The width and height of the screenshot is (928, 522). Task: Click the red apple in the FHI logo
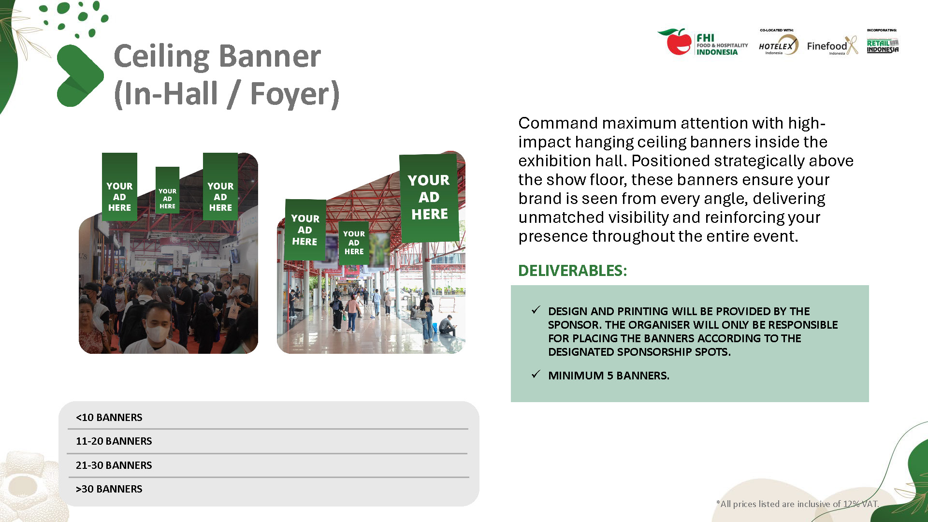[678, 43]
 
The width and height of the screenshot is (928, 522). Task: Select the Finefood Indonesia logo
[832, 45]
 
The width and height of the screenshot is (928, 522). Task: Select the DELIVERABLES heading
[572, 270]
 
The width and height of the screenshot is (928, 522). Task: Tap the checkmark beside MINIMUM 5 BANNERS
[536, 375]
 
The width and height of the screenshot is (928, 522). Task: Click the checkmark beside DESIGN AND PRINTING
[536, 310]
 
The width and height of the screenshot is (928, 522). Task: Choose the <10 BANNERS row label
[109, 417]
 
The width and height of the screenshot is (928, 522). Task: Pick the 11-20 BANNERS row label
[114, 441]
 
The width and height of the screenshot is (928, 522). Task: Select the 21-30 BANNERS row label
[114, 465]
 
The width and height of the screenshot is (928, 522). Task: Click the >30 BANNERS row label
[109, 489]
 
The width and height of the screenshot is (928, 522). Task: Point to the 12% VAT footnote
[797, 504]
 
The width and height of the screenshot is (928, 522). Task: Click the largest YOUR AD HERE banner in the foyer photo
[429, 197]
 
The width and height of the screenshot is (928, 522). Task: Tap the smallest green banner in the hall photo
[167, 190]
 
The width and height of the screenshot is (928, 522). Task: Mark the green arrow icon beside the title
[79, 75]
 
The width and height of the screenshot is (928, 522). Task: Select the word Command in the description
[558, 123]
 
